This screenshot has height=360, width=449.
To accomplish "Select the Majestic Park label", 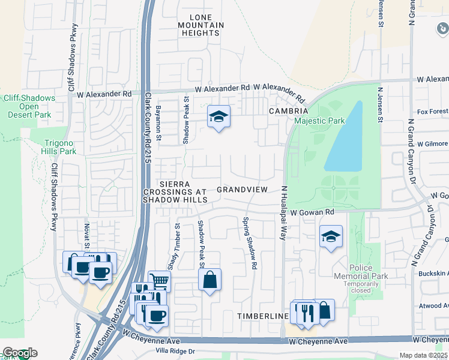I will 319,121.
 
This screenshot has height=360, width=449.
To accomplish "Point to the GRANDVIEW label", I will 241,190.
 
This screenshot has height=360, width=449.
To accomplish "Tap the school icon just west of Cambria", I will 218,117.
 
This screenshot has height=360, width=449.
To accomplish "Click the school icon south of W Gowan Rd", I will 330,237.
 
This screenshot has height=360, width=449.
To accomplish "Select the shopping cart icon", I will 159,280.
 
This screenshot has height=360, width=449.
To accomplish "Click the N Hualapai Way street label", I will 283,213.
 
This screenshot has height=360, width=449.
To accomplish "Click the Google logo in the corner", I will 19,353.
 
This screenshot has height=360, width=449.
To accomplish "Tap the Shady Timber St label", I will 177,246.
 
